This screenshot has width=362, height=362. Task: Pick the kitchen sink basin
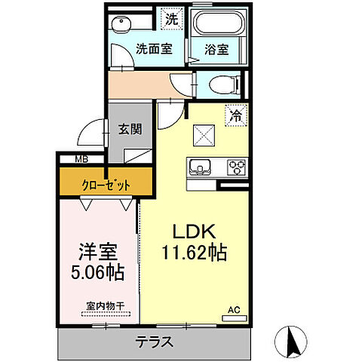click(x=201, y=167)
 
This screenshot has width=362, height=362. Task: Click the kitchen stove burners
click(x=237, y=167)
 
